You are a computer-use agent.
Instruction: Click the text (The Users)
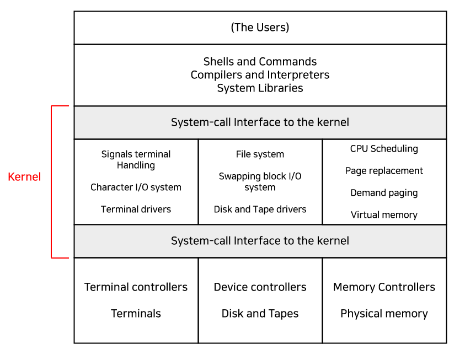260,27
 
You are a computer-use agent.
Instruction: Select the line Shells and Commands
260,61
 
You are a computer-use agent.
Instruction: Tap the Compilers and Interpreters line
260,74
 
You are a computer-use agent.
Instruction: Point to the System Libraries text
260,88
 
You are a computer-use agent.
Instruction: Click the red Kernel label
24,177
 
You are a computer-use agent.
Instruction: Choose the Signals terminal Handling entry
136,159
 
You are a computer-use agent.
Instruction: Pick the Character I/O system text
136,187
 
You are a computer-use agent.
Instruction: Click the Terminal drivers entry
136,209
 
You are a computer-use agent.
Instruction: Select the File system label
260,154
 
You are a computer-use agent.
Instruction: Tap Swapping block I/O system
260,181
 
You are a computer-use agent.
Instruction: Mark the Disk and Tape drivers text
260,209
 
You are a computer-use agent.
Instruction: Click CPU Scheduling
384,149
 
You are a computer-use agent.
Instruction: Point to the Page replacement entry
384,171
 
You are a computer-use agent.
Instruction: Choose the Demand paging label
384,193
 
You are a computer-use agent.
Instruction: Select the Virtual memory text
384,215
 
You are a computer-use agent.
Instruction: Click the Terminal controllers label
136,287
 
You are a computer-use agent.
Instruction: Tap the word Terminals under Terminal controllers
136,314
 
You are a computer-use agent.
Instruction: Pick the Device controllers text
260,287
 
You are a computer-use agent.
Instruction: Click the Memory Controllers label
384,287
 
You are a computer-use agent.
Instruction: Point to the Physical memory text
384,314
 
